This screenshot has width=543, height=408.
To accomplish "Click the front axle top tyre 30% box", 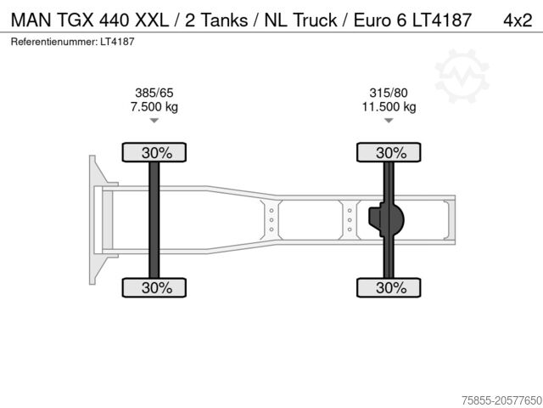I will click(x=155, y=153).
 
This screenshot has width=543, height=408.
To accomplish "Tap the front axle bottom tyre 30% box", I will click(x=155, y=288).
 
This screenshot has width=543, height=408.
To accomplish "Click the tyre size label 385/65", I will click(x=154, y=93).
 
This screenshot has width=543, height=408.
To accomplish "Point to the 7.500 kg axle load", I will click(x=154, y=106).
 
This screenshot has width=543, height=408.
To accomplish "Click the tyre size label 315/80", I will click(x=389, y=93).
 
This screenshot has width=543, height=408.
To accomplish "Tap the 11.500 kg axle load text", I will click(x=389, y=106).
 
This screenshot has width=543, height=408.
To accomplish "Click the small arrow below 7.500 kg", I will click(x=154, y=122).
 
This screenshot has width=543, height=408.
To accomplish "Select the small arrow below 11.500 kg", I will click(x=389, y=122).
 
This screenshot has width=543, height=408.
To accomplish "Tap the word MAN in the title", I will click(x=30, y=19).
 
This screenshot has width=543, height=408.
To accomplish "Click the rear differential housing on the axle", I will click(x=387, y=220).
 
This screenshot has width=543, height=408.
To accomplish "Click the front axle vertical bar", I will click(x=154, y=220).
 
